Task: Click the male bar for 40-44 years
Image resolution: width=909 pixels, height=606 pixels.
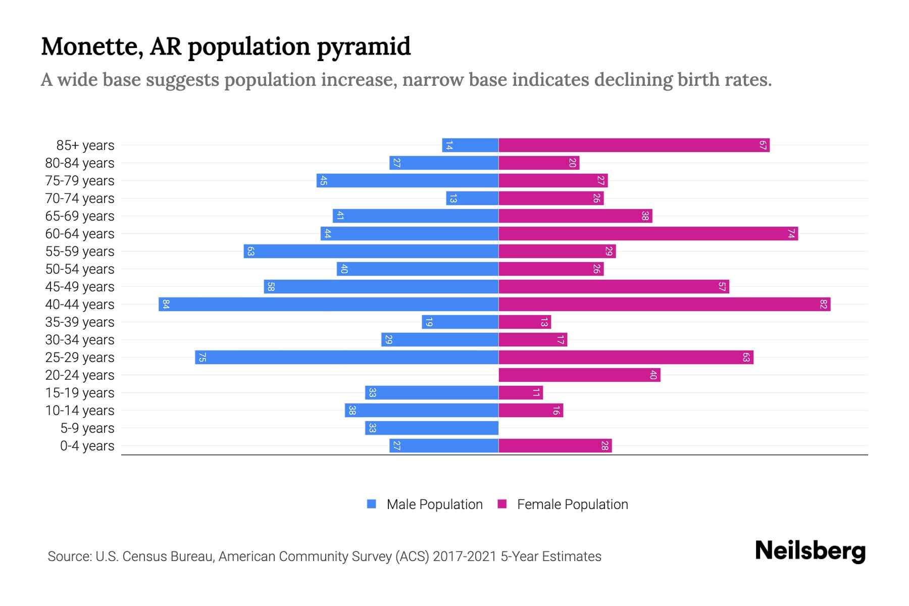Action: [328, 305]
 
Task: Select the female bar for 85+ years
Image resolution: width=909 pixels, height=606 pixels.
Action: [634, 145]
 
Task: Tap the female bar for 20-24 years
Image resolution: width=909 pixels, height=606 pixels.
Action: [579, 375]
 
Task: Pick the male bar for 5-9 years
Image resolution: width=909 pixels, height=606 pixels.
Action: [432, 428]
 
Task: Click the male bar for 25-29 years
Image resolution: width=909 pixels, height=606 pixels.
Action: [347, 358]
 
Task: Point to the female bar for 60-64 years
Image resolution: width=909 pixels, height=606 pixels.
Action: [648, 234]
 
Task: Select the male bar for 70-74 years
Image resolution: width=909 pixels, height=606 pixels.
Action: [472, 198]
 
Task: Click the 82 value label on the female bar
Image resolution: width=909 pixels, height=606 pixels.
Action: [823, 305]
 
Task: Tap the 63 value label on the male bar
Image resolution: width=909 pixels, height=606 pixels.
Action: [250, 251]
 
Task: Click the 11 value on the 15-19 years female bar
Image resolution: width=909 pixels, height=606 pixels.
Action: [536, 393]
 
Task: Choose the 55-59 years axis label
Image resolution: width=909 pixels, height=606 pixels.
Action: [80, 251]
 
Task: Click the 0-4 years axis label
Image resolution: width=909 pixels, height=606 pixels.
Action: [87, 446]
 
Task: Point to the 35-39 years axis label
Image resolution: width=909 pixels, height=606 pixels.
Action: [80, 322]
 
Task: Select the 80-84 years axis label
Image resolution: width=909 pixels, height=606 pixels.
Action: [80, 163]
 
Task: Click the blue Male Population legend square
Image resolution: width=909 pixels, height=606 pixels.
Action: [372, 504]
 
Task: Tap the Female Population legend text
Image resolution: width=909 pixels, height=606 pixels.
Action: [572, 504]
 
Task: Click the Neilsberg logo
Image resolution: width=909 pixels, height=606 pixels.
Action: [810, 551]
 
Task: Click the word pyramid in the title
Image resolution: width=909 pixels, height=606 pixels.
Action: [364, 47]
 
